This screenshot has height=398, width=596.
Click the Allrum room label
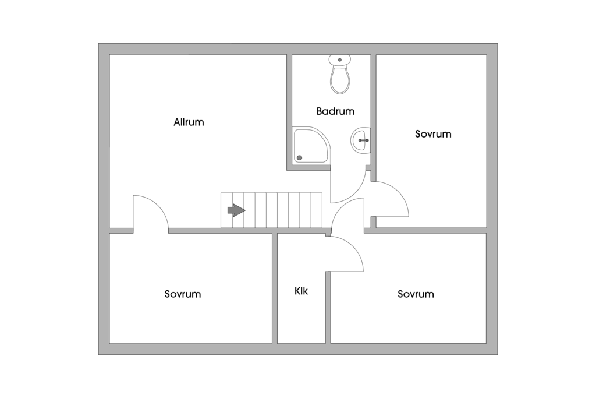tap(189, 122)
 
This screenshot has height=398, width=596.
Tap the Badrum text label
tap(335, 111)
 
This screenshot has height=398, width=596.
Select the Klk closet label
tap(301, 291)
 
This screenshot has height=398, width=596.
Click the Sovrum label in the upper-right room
tap(433, 133)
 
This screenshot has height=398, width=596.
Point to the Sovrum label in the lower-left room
tap(182, 294)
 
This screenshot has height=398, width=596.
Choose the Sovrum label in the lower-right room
tap(416, 294)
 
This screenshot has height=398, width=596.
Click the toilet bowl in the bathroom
tap(340, 80)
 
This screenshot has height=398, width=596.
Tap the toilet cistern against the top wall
tap(340, 59)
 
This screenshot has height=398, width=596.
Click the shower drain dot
tap(300, 157)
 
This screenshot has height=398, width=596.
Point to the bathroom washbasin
tap(360, 140)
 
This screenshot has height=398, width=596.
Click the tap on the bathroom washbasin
tap(364, 140)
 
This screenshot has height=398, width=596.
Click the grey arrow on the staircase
tap(236, 210)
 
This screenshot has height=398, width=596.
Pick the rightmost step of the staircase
tap(316, 210)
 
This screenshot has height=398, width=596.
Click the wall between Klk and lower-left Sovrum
tap(274, 288)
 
